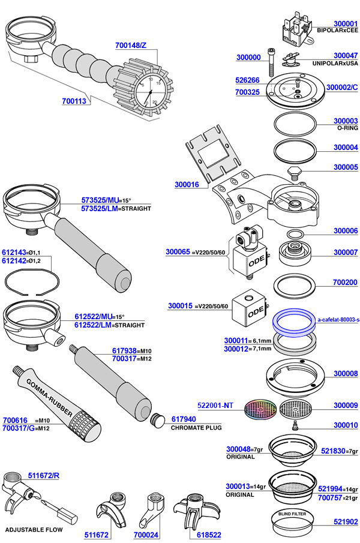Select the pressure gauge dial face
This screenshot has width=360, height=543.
point(148,91)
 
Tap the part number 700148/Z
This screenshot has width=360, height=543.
point(131,45)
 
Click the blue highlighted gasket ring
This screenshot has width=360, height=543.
point(294,323)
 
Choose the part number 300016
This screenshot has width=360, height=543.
point(187,185)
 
